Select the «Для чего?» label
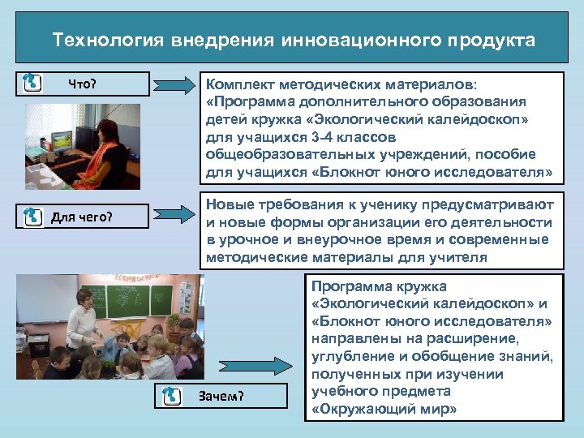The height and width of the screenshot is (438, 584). [x=82, y=217]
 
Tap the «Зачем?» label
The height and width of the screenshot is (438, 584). [x=221, y=396]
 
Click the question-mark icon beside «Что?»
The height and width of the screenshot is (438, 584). [x=32, y=83]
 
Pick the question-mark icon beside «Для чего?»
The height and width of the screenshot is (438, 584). [x=32, y=217]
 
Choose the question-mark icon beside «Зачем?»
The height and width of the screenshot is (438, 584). [x=171, y=396]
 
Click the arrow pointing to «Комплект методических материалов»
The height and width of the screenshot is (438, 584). [x=174, y=84]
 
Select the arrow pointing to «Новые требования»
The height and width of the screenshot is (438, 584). [x=174, y=215]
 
